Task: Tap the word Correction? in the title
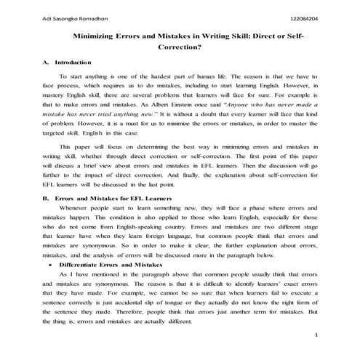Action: [179, 47]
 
